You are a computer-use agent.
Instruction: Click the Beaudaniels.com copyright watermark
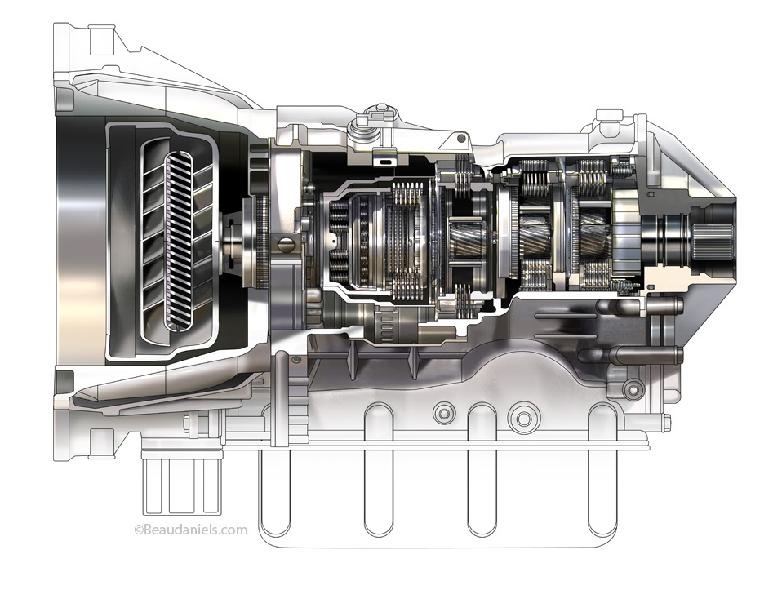coord(191,530)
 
